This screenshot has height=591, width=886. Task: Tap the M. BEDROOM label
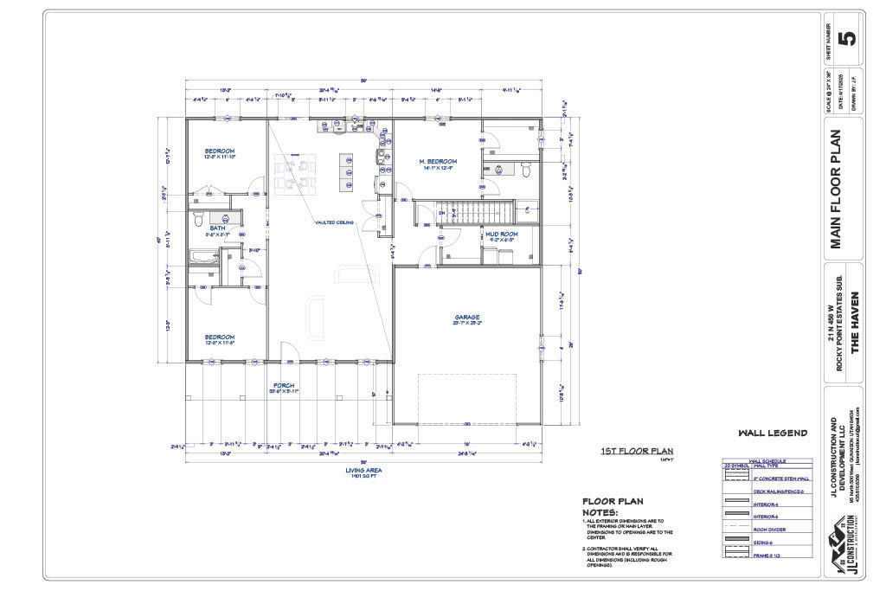438,162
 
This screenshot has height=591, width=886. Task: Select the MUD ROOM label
501,234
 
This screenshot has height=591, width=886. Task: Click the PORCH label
285,385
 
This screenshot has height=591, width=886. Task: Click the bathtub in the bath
204,257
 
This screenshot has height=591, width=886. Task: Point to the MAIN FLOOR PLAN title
836,190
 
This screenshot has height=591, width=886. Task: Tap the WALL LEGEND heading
772,433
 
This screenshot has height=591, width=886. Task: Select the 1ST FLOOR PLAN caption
636,451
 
